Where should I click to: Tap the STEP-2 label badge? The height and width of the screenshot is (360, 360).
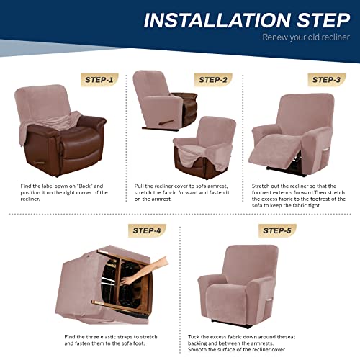pos(215,80)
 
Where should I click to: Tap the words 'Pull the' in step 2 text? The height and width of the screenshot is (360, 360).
pos(143,186)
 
